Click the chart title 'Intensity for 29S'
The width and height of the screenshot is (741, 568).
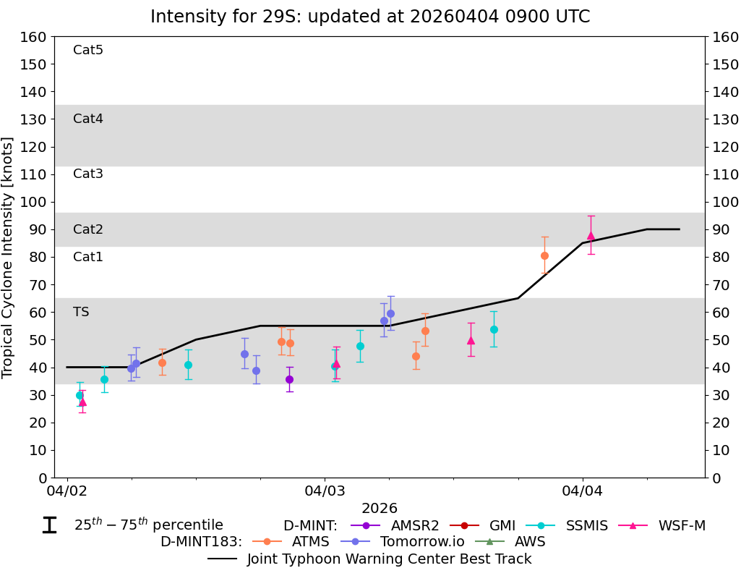click(369, 17)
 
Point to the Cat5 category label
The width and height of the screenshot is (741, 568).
click(88, 50)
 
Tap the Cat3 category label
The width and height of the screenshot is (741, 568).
click(88, 174)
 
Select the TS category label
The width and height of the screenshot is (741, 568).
click(81, 312)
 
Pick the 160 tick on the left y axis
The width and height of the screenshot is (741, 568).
click(36, 37)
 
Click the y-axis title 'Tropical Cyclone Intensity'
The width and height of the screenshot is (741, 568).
click(9, 257)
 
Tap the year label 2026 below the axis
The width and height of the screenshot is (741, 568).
click(380, 509)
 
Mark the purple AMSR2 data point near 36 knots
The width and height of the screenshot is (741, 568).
click(289, 379)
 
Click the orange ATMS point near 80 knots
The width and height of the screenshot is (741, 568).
click(544, 255)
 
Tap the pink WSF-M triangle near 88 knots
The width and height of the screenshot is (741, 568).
click(591, 235)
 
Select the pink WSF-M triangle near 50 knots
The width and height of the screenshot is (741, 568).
click(471, 340)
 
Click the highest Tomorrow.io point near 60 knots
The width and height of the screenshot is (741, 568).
click(390, 313)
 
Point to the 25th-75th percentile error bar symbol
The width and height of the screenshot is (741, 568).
click(49, 525)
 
